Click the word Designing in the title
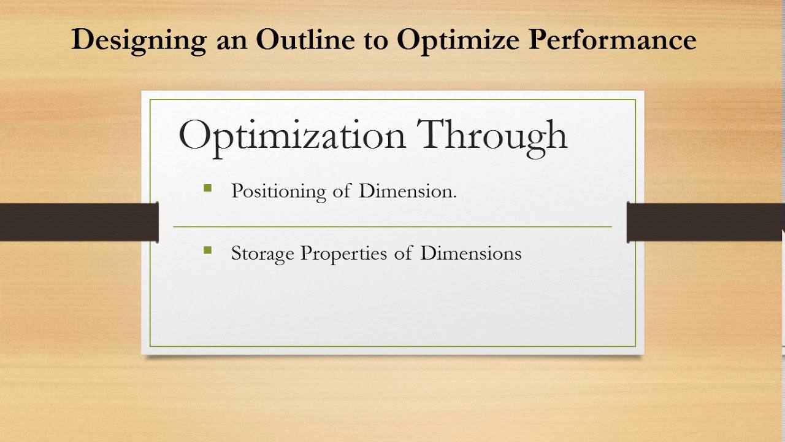pos(139,41)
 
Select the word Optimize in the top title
pos(459,41)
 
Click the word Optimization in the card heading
pos(292,136)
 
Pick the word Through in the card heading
pos(492,136)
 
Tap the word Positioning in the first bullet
pos(278,192)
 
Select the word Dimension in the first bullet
pos(408,191)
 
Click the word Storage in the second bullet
pos(262,254)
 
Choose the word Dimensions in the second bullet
pos(470,253)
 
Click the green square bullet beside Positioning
pos(207,188)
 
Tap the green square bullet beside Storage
pos(207,250)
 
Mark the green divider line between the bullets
pos(392,227)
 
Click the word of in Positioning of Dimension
pos(342,191)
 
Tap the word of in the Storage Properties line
pos(403,253)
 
